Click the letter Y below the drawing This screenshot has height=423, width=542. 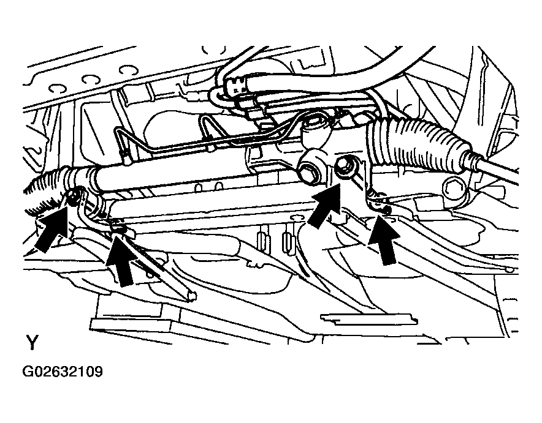tap(32, 342)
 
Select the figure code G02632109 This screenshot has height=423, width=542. tap(63, 372)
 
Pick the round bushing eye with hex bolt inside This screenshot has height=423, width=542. tap(311, 167)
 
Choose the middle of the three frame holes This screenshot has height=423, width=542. tap(91, 80)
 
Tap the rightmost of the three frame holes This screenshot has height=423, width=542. tap(129, 70)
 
